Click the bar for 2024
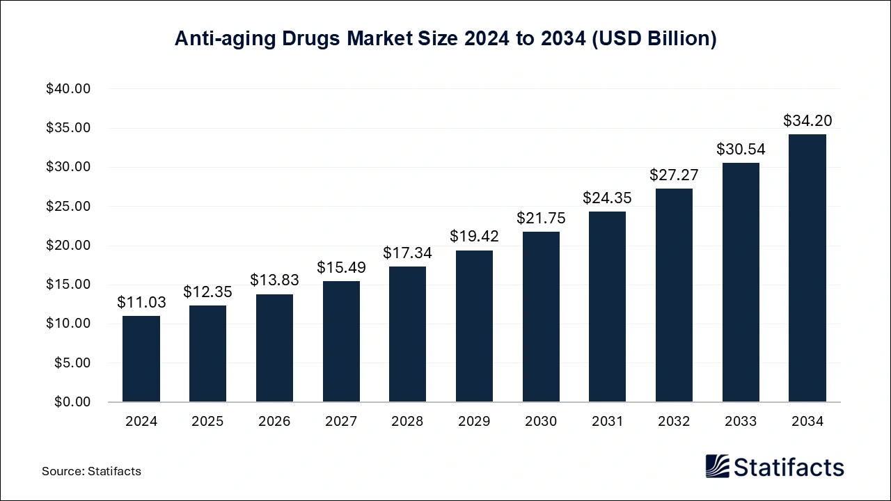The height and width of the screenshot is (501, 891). (x=141, y=359)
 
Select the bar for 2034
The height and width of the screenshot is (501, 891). (x=807, y=268)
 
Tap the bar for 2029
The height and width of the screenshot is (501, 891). (x=474, y=326)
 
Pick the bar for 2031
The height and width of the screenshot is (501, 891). (x=607, y=306)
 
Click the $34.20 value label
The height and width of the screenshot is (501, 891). (x=807, y=121)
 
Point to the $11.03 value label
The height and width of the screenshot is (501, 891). (x=141, y=303)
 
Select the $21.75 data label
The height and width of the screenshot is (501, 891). (x=541, y=218)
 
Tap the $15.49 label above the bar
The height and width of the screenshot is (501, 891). (x=341, y=267)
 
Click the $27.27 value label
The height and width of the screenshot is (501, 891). (x=674, y=175)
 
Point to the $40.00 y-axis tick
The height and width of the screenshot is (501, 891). (x=69, y=89)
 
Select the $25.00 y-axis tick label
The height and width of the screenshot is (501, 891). (x=69, y=207)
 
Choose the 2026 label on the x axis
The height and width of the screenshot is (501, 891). (x=274, y=422)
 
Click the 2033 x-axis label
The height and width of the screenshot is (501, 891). (x=741, y=422)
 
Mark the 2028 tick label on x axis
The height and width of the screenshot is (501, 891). (x=407, y=422)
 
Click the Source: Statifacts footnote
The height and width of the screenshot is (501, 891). (x=91, y=471)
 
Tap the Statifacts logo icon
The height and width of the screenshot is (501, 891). (x=718, y=466)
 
